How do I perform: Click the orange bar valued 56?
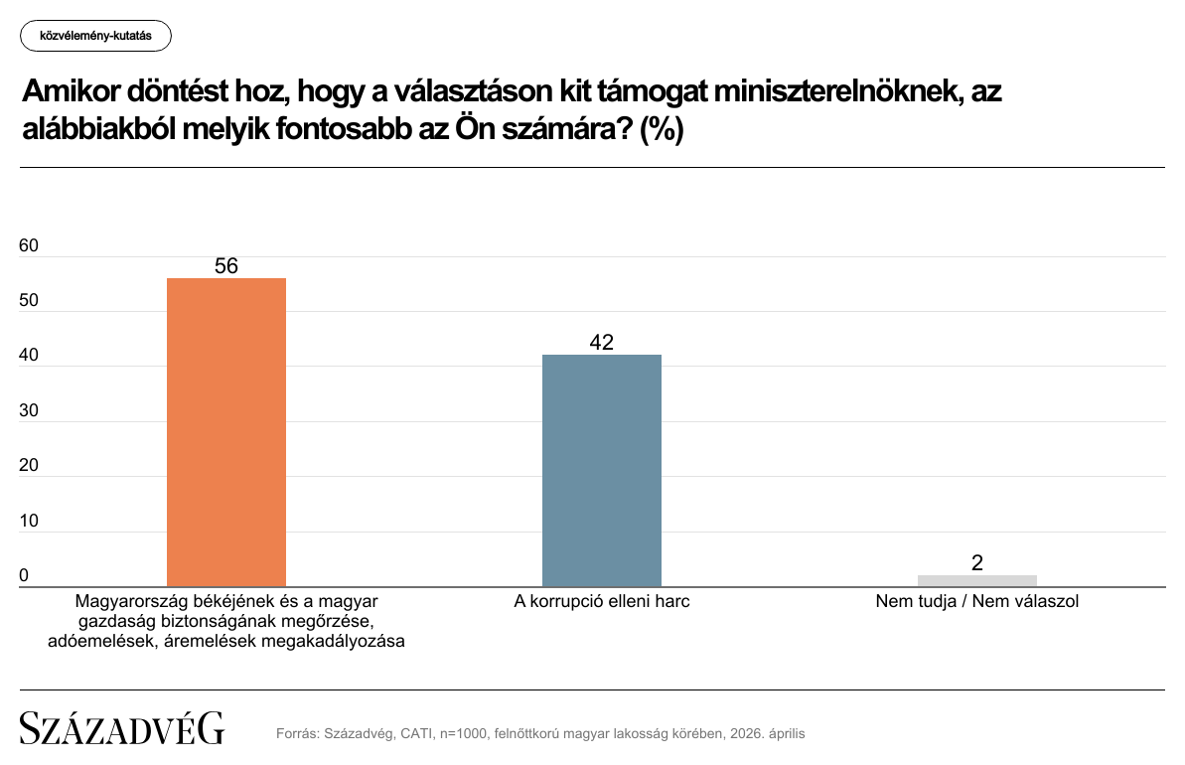(225, 432)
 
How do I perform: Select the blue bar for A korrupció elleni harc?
(601, 470)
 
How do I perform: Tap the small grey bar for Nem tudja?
(976, 581)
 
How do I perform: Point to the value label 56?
(226, 266)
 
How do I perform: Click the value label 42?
(601, 343)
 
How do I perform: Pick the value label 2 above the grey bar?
(977, 563)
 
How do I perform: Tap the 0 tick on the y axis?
(24, 576)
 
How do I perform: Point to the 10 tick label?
(29, 522)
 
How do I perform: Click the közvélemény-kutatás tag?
(95, 36)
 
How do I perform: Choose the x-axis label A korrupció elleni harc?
(601, 602)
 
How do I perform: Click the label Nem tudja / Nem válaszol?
(976, 602)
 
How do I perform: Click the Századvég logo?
(122, 728)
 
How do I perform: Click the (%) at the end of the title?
(662, 131)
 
